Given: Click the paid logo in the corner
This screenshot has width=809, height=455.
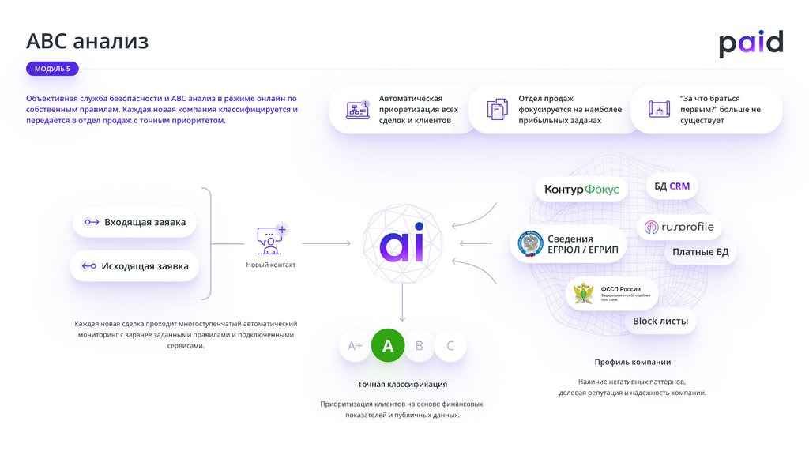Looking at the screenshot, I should click(x=751, y=43).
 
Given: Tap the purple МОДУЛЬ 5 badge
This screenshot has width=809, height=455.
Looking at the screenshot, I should click(x=52, y=69).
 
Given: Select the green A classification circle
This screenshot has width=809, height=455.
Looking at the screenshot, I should click(x=388, y=345).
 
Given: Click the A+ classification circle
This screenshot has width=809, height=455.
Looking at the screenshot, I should click(x=356, y=346).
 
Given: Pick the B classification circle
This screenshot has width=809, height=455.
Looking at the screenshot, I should click(x=420, y=345).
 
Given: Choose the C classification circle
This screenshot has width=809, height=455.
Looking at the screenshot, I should click(x=450, y=345).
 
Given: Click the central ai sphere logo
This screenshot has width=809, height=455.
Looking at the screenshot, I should click(x=401, y=243).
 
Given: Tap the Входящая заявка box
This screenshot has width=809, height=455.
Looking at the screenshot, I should click(x=134, y=223).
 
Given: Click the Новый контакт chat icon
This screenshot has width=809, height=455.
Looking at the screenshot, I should click(x=270, y=239).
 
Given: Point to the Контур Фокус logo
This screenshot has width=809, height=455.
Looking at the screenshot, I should click(x=581, y=190).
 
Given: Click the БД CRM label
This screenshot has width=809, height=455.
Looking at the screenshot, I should click(x=672, y=186).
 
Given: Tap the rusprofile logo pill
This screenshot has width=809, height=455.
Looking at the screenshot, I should click(x=679, y=227).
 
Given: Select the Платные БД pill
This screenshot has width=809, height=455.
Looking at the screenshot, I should click(x=700, y=253).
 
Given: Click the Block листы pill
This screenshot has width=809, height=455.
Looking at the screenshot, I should click(x=660, y=321).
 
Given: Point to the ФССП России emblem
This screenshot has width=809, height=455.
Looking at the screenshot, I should click(x=585, y=295).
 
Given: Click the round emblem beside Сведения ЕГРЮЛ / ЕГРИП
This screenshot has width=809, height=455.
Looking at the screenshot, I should click(x=529, y=244).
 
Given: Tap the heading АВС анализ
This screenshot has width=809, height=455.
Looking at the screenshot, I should click(x=88, y=41).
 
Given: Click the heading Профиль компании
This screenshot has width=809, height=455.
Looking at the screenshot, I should click(x=632, y=362).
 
